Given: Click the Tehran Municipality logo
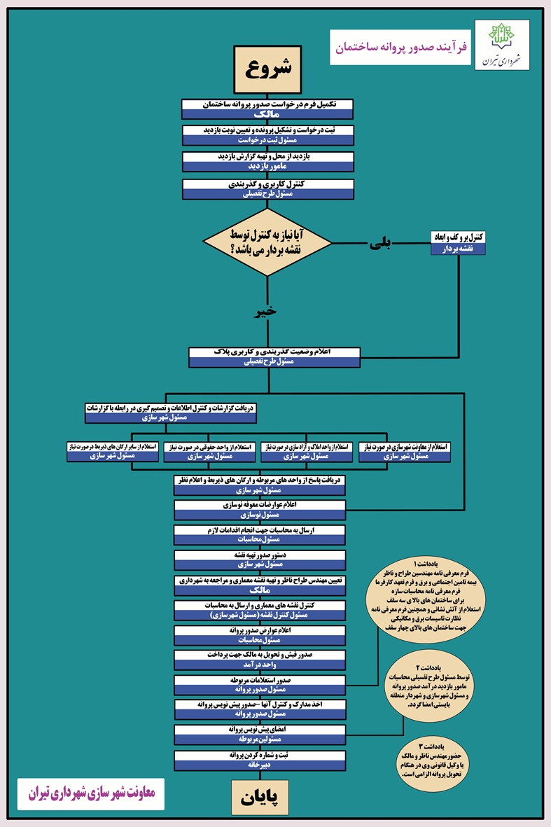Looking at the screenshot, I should (x=502, y=46).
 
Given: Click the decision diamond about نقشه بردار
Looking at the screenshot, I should (x=267, y=242).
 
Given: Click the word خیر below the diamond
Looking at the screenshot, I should (x=267, y=310).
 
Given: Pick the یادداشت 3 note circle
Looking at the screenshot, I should (x=440, y=760).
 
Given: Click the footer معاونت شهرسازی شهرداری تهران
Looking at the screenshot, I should (x=90, y=795).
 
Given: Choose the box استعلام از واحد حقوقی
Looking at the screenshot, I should (x=210, y=452).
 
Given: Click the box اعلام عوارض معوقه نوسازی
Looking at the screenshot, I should (x=259, y=509).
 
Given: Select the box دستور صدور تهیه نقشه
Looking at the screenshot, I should (x=259, y=559).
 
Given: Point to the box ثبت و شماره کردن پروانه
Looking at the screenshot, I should (x=259, y=760).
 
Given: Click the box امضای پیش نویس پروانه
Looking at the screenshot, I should (x=259, y=734).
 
